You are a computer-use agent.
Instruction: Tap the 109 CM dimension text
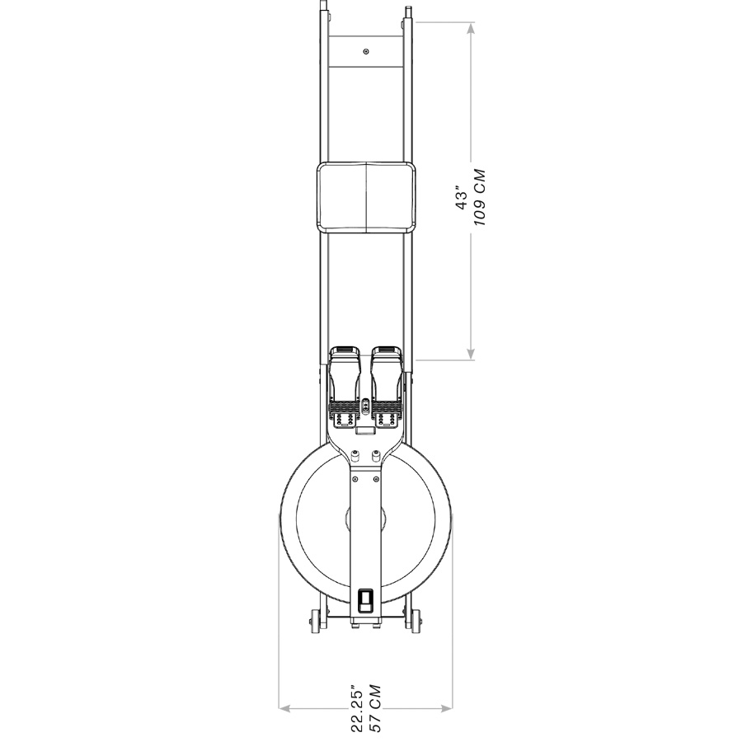click(479, 197)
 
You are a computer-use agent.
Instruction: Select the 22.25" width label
click(357, 707)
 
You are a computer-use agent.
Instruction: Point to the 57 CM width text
click(375, 708)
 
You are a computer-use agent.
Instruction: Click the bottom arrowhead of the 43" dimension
click(471, 353)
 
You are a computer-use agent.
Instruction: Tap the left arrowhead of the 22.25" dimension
click(284, 708)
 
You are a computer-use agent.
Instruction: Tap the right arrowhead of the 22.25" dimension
click(447, 708)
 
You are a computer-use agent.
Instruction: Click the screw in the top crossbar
click(365, 51)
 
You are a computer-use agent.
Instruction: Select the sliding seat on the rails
click(367, 197)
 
